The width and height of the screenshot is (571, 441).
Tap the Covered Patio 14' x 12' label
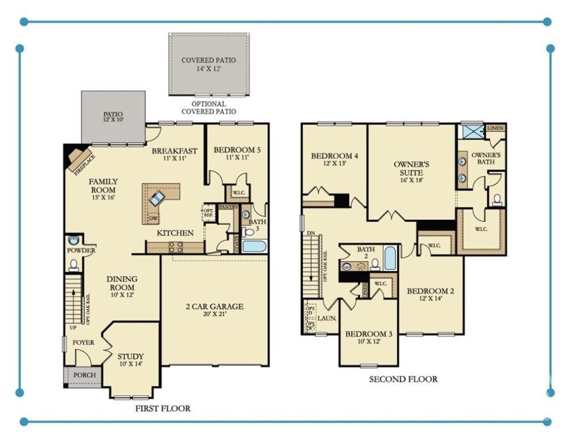208,64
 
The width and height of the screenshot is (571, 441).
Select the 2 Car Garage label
215,311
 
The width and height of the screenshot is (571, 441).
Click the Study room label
130,360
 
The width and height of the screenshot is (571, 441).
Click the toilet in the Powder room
73,265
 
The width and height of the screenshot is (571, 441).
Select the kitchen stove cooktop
176,247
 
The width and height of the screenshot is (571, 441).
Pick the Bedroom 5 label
237,154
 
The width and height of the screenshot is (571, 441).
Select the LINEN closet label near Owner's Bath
495,128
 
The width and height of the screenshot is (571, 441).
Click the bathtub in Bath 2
390,258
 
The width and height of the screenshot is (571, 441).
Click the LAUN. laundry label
327,317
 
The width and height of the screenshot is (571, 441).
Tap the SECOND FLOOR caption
403,379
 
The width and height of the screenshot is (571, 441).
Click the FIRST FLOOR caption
162,409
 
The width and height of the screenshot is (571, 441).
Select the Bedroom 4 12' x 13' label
335,160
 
